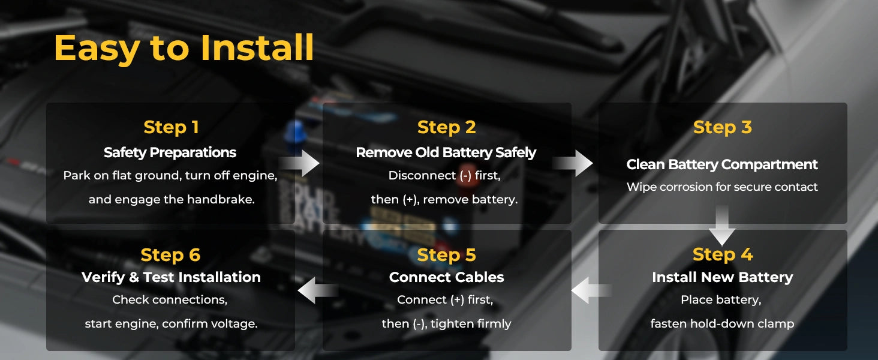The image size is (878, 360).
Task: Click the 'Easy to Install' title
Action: [184, 48]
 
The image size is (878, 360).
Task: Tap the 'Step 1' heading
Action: [172, 127]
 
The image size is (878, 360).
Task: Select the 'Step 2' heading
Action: [446, 127]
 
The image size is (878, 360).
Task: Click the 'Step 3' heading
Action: [723, 127]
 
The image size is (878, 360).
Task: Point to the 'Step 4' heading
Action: [723, 254]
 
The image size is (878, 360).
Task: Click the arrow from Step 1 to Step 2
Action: [299, 163]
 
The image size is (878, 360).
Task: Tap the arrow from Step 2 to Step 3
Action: [573, 163]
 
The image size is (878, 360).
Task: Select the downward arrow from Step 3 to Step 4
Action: [722, 226]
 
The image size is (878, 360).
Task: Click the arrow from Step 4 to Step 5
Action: [591, 290]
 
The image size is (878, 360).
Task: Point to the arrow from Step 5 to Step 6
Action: [318, 290]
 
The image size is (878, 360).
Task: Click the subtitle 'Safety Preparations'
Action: [170, 152]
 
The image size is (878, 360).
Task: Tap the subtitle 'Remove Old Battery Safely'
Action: [446, 152]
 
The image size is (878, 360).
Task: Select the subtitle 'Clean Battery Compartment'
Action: [722, 165]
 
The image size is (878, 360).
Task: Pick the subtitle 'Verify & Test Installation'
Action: [171, 277]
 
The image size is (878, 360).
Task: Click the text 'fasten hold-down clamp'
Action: [722, 323]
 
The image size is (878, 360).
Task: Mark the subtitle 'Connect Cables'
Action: [446, 277]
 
